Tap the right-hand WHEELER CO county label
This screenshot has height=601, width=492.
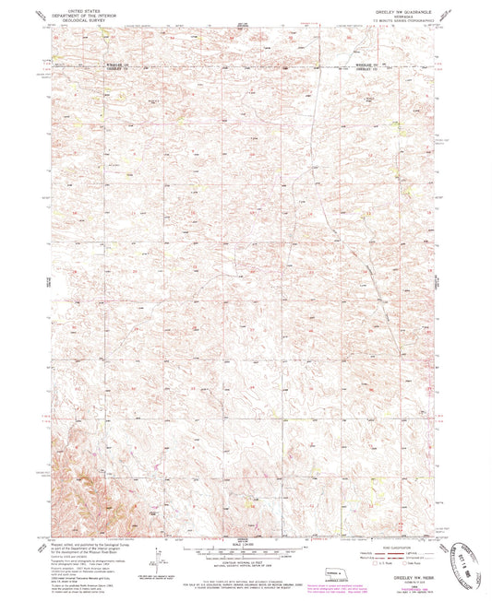click(369, 65)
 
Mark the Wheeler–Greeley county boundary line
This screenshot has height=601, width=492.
click(231, 67)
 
